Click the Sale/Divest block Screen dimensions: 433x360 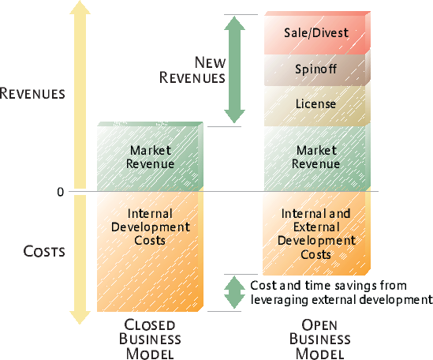point(317,33)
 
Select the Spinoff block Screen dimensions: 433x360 point(317,69)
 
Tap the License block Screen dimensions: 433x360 point(317,105)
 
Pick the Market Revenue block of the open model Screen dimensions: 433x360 point(317,158)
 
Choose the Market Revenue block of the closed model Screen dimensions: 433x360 point(150,156)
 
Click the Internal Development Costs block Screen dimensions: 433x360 point(150,252)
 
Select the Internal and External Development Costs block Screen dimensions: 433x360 point(316,234)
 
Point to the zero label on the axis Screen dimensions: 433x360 point(61,192)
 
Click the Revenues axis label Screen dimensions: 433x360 point(32,93)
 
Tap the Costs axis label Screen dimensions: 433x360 point(44,251)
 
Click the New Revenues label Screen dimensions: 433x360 point(192,70)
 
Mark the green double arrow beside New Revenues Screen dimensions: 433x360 point(234,69)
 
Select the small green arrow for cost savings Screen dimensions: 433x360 point(234,292)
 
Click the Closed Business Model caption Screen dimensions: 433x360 point(150,339)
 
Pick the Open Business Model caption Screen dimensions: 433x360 point(319,339)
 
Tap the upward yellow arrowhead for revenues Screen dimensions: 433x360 point(80,7)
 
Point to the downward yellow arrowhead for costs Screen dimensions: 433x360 point(80,317)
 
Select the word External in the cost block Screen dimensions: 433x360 point(316,227)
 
